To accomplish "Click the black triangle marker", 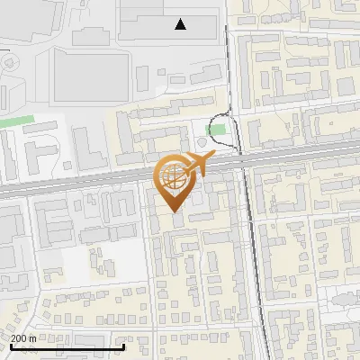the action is (181, 24).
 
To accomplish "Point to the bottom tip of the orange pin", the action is (173, 212).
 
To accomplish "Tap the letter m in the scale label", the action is (33, 338).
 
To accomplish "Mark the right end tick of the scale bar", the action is (123, 346).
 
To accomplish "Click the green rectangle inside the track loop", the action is (215, 130).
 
